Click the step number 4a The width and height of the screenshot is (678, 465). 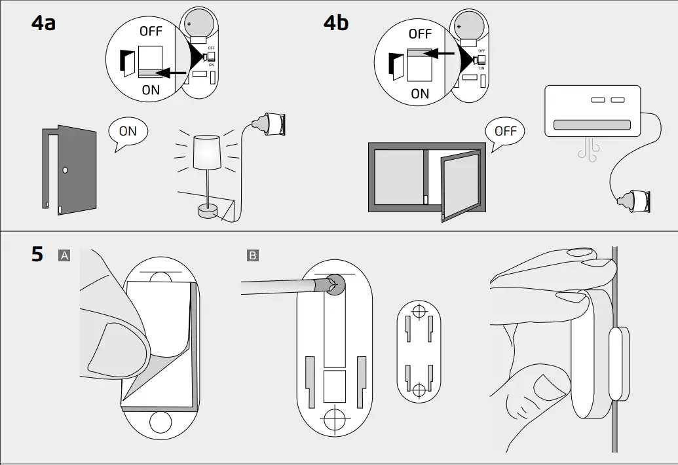(x=44, y=24)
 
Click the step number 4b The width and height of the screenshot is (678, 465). (x=336, y=24)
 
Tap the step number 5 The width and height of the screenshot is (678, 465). (x=37, y=255)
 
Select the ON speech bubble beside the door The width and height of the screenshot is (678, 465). (x=128, y=132)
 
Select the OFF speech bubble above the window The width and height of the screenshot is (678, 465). (x=505, y=132)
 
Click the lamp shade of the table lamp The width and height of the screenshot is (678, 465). (x=207, y=152)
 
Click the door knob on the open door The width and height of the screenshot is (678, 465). (x=65, y=170)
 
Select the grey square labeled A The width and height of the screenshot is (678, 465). (x=64, y=255)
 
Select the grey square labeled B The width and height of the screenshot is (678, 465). (x=253, y=255)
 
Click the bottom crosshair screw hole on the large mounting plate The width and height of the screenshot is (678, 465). (x=334, y=415)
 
